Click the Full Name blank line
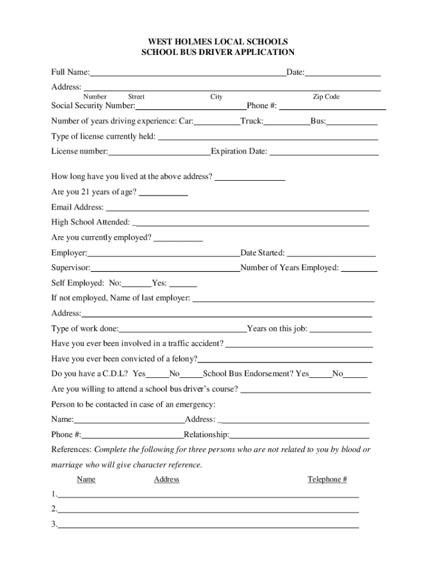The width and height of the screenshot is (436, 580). (x=187, y=73)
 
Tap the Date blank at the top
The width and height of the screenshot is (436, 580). (x=343, y=73)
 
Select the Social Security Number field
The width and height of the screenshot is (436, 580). (x=190, y=106)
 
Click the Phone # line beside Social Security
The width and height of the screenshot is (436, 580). (x=332, y=106)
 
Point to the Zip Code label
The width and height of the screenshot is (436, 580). (x=326, y=97)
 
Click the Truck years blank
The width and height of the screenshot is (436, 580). (x=287, y=122)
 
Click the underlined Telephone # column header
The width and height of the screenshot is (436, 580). (x=327, y=480)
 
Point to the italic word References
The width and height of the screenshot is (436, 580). (x=71, y=450)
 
